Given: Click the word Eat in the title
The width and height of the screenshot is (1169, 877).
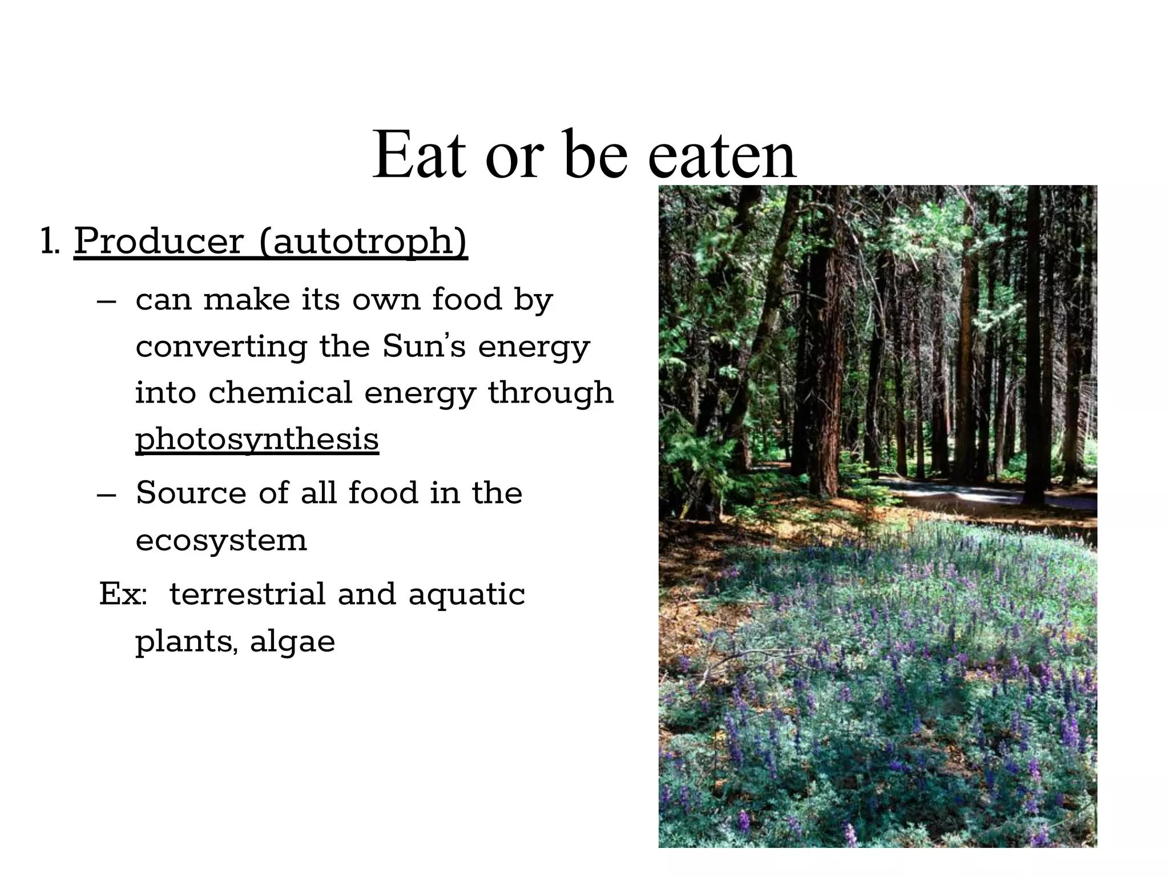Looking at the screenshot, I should click(419, 156).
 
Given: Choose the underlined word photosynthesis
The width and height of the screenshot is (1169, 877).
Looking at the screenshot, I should click(257, 440).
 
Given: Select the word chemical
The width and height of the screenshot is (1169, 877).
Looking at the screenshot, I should click(280, 393).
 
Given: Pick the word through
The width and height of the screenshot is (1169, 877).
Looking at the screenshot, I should click(550, 393).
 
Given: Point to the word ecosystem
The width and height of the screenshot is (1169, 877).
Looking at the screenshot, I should click(221, 540).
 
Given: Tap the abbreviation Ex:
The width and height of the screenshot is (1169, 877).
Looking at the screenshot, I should click(123, 594).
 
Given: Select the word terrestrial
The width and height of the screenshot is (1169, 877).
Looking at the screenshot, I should click(247, 594).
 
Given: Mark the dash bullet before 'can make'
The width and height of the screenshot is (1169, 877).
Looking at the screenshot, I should click(107, 301).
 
